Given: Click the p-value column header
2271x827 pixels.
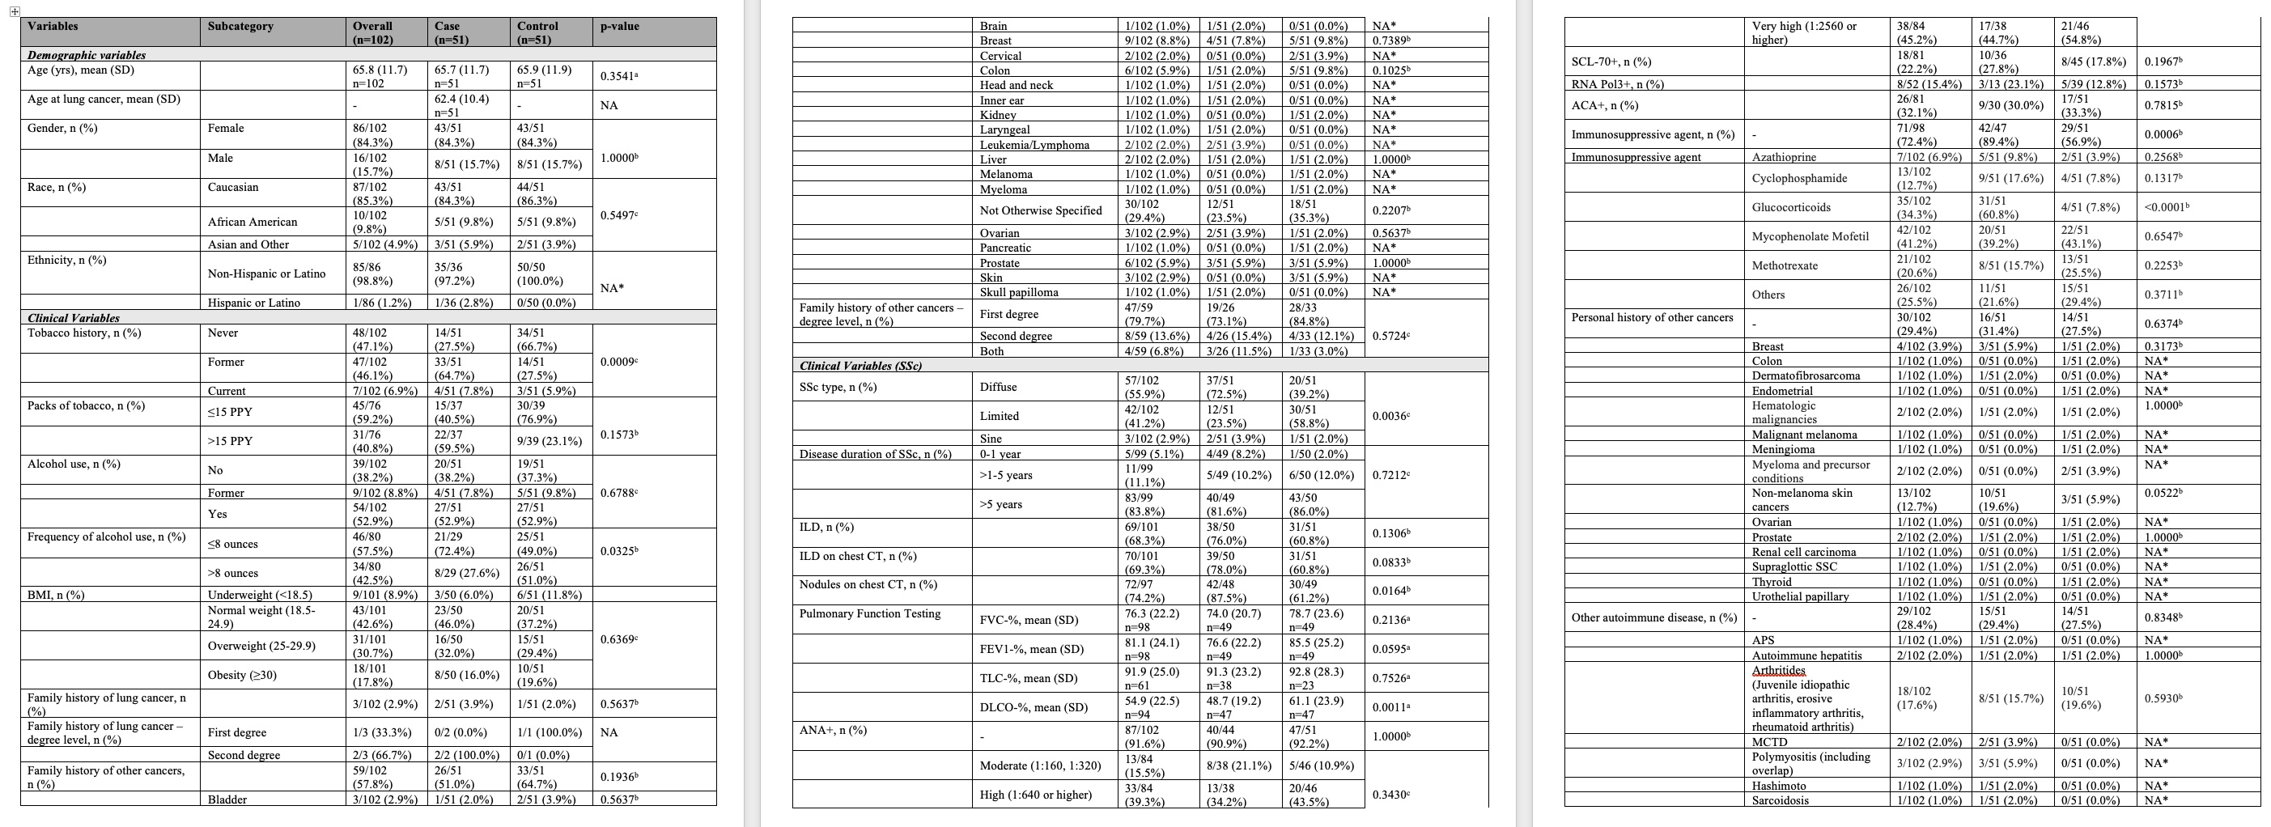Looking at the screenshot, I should (x=620, y=27).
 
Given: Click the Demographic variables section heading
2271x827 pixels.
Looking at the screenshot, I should (x=87, y=55).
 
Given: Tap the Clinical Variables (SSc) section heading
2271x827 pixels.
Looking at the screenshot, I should (x=860, y=366).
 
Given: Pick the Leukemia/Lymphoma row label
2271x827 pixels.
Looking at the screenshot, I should (x=1034, y=145).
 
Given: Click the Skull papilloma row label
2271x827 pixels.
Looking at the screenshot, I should (x=1019, y=293).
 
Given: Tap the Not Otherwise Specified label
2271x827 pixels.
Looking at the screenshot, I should (x=1040, y=210).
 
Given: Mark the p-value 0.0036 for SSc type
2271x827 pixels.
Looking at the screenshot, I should (x=1390, y=415).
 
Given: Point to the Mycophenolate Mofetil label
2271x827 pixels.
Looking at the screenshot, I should (x=1810, y=236).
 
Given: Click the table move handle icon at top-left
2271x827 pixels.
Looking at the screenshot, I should (x=14, y=11).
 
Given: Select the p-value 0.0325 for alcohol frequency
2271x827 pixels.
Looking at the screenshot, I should (x=619, y=551).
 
